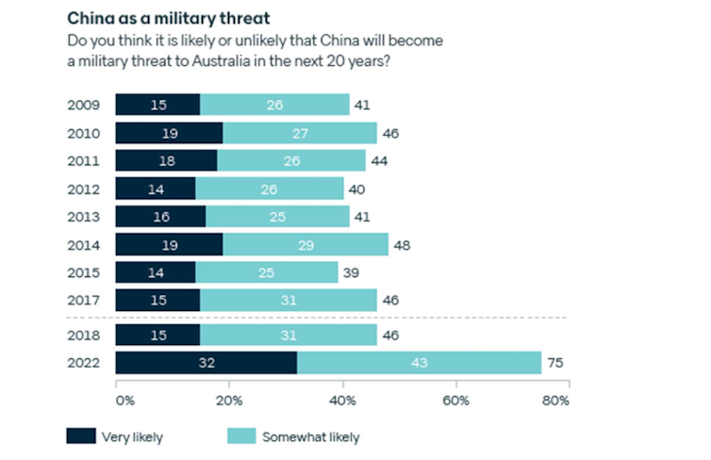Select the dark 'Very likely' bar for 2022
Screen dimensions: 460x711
[x=206, y=363]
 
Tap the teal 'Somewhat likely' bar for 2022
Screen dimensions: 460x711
[x=420, y=363]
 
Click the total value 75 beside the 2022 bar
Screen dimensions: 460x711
[x=557, y=363]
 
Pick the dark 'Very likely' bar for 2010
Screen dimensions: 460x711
[x=169, y=133]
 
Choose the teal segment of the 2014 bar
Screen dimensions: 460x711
[x=306, y=245]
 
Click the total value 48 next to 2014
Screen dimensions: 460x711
[x=401, y=245]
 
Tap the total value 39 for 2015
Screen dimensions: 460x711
[x=350, y=272]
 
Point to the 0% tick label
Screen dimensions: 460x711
[x=124, y=401]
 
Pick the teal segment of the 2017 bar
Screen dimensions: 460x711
[x=289, y=301]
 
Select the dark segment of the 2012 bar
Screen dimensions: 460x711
[x=155, y=189]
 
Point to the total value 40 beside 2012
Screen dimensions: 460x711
[x=355, y=189]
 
